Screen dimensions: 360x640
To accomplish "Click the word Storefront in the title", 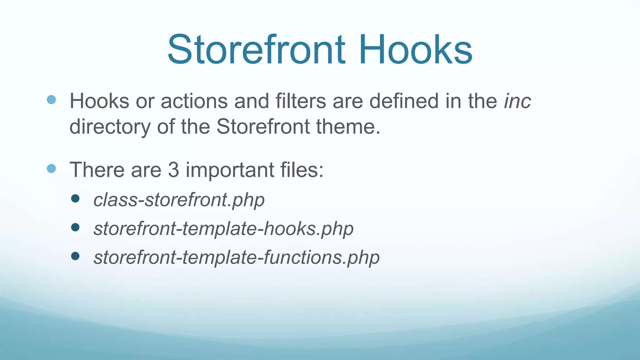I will click(x=256, y=50).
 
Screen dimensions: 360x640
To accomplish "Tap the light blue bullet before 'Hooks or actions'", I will click(x=51, y=100).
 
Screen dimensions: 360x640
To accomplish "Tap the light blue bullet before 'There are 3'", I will click(x=51, y=169).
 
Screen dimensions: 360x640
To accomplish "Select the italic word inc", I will click(x=517, y=101).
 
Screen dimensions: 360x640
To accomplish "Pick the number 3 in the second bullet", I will click(x=173, y=170).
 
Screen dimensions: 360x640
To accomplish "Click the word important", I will click(x=230, y=170).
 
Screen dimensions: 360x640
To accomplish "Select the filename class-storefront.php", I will click(x=179, y=200).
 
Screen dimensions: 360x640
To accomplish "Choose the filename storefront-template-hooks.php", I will click(x=223, y=229).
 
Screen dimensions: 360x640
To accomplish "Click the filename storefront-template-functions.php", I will click(x=237, y=257).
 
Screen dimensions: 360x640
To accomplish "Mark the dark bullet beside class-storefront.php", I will click(x=75, y=198).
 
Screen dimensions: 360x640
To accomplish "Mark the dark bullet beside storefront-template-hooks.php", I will click(x=75, y=227).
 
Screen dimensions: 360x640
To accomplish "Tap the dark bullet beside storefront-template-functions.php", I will click(x=75, y=256).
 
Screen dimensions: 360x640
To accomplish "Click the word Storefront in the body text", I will click(x=263, y=127).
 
